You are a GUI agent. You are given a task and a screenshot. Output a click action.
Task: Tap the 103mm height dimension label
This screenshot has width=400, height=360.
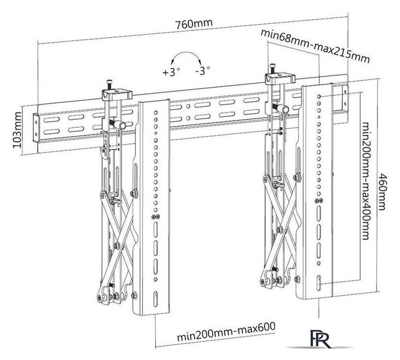point(17,130)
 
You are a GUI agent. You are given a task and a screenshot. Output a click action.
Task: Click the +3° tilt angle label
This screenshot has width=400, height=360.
point(170,72)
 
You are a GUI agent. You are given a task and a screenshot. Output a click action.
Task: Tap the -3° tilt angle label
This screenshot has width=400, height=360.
point(201,71)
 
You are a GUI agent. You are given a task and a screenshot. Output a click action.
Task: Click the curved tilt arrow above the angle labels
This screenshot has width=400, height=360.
point(186,58)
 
